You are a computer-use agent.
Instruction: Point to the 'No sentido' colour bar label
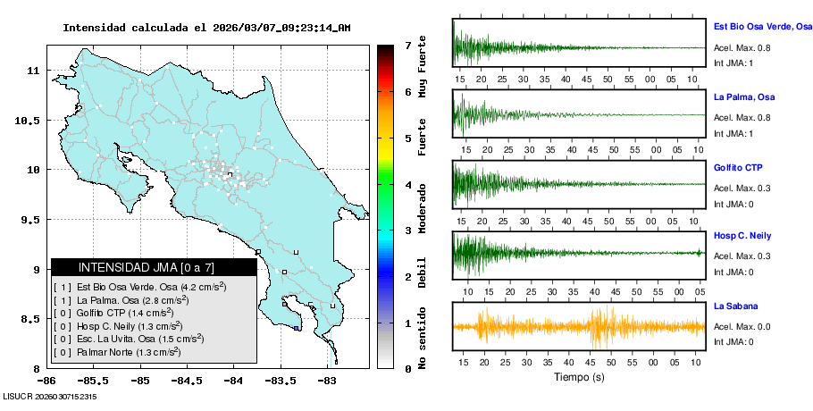coord(423,340)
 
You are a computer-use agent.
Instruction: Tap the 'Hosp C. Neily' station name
coord(743,236)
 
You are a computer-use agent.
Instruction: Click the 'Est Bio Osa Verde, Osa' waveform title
coord(762,28)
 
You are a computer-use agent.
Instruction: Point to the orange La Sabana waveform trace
coord(579,327)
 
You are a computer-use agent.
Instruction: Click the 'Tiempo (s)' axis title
coord(579,377)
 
